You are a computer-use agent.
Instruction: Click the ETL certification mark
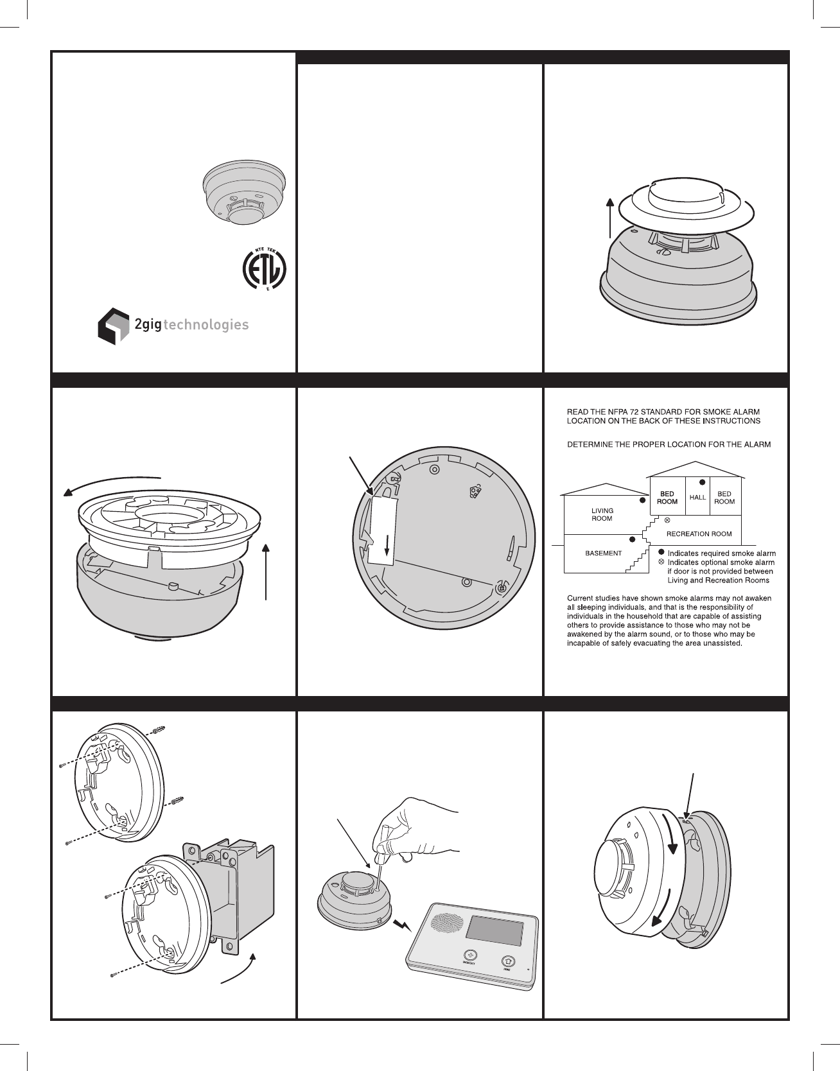(264, 268)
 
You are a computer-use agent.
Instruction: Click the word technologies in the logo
(207, 325)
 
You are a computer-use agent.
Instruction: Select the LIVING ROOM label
(602, 514)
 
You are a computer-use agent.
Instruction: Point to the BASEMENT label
(603, 553)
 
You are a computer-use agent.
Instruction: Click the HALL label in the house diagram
(697, 498)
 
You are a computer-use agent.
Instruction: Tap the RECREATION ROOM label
(699, 534)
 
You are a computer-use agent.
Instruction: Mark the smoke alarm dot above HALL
(702, 482)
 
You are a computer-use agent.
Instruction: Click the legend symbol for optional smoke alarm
(662, 562)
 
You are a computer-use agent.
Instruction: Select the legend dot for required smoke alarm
(662, 553)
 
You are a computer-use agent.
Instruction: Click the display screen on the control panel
(494, 936)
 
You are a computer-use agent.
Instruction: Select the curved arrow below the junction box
(239, 971)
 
